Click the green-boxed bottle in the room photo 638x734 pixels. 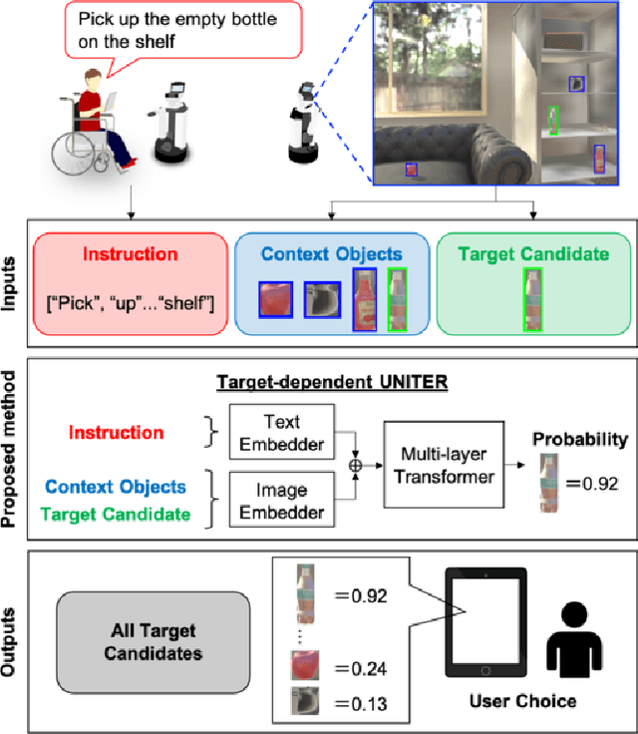click(552, 121)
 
